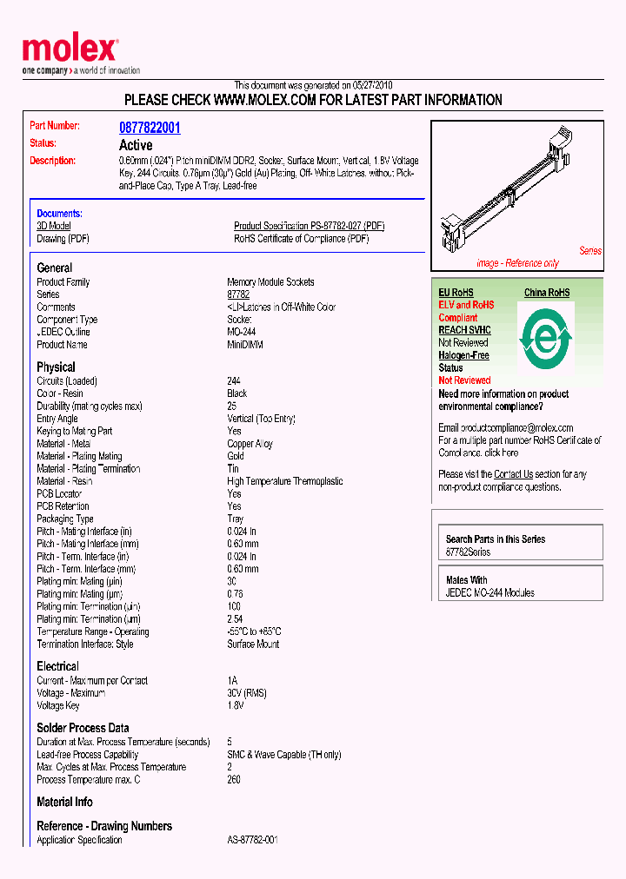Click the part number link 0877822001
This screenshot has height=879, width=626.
pos(150,128)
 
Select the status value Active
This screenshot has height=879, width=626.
pos(136,145)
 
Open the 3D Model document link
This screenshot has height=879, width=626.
pos(54,226)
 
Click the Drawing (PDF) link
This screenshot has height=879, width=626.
pos(63,239)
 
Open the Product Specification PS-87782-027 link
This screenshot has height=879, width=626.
pos(309,226)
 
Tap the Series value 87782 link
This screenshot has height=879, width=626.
pos(238,294)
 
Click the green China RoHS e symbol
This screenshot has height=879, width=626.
pos(546,337)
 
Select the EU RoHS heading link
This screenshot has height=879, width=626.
pos(456,293)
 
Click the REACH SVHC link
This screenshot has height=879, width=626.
pos(464,330)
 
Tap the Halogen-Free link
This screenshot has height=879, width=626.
pos(463,355)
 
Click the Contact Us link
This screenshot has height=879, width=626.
pos(513,474)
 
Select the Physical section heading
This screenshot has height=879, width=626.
pos(56,367)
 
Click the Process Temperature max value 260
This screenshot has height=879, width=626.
pos(234,779)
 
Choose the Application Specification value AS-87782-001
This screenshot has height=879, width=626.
pos(252,840)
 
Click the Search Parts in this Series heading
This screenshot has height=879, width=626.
pos(496,539)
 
